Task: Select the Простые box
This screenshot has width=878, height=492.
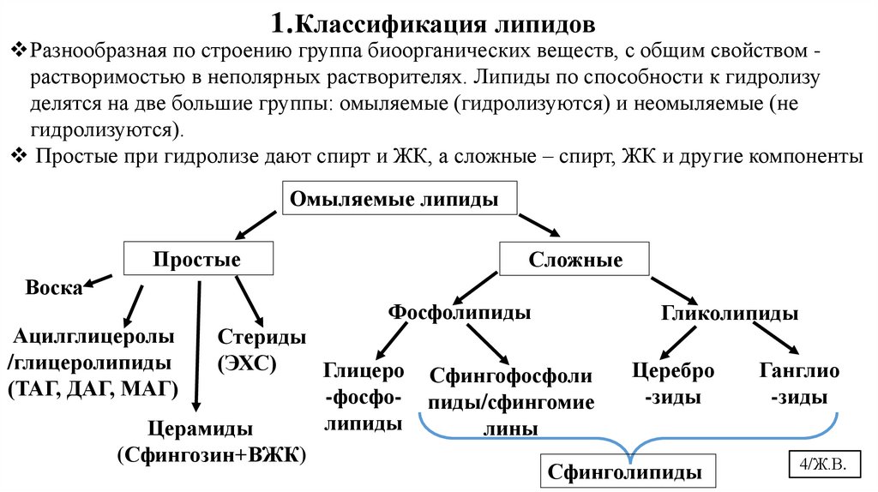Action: (x=198, y=259)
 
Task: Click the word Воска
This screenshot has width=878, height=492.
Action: (x=53, y=287)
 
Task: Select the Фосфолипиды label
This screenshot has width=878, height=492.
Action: (x=459, y=312)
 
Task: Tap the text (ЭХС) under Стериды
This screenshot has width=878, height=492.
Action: (x=249, y=363)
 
